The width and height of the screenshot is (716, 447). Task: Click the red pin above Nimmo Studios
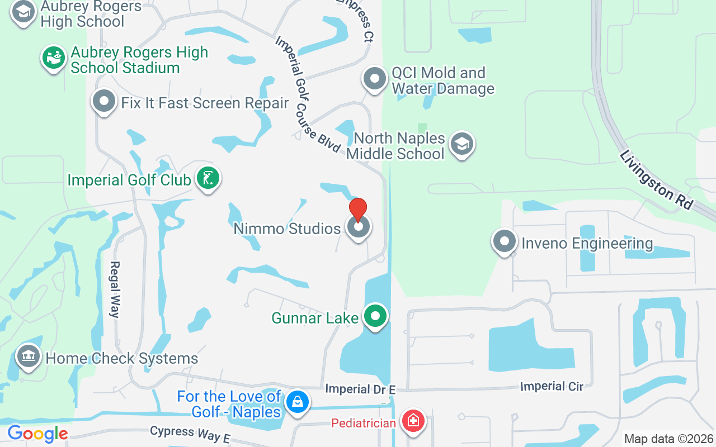tap(358, 210)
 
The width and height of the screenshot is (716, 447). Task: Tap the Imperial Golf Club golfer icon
tap(208, 179)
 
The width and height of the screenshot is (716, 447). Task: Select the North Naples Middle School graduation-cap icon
tap(461, 144)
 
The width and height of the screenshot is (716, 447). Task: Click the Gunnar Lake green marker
tap(376, 317)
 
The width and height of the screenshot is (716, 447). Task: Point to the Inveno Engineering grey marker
tap(505, 242)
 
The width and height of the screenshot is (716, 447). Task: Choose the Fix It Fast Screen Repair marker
tap(104, 102)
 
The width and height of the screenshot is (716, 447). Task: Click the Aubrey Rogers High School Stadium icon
tap(54, 58)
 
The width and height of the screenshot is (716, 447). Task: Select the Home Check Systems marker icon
tap(28, 356)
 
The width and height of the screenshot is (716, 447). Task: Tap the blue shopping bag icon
tap(298, 402)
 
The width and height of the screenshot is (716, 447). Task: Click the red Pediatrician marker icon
tap(413, 421)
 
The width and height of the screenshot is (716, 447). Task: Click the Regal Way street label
tap(115, 289)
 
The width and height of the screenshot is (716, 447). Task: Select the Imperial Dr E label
tap(360, 389)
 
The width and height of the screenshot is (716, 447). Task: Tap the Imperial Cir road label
tap(552, 386)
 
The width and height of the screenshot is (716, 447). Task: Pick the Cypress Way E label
tap(190, 434)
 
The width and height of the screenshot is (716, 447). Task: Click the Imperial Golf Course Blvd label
tap(307, 95)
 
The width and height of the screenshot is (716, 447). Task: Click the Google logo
tap(37, 434)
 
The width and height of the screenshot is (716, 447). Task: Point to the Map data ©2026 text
tap(669, 439)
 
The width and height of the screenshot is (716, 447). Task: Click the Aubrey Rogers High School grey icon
tap(23, 12)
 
